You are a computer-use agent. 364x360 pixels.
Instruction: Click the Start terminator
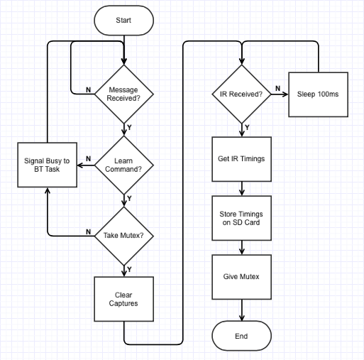[123, 21]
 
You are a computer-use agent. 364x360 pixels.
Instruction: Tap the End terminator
[241, 336]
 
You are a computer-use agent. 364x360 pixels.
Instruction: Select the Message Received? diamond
[123, 94]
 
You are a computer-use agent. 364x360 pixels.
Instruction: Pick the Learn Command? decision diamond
[123, 165]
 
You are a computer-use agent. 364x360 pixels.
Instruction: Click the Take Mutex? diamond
[123, 236]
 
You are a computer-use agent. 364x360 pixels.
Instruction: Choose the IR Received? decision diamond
[241, 94]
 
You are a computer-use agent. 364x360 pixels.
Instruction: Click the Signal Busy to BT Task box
[47, 165]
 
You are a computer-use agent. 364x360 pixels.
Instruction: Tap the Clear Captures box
[123, 299]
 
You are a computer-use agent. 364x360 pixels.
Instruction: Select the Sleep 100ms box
[318, 94]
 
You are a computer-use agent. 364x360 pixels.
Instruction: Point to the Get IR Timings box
[241, 159]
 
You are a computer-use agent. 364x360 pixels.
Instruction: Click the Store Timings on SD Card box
[241, 218]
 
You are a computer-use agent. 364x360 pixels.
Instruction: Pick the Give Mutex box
[241, 277]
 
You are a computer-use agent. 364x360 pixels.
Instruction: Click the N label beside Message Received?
[88, 90]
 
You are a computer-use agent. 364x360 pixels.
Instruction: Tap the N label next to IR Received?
[278, 88]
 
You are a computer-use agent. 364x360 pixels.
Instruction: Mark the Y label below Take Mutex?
[129, 269]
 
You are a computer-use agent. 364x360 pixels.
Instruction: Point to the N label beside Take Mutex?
[88, 231]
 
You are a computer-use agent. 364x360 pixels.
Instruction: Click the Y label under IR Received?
[247, 128]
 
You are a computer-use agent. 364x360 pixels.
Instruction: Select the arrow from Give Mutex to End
[241, 310]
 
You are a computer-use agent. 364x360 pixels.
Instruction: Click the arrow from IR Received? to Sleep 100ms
[280, 94]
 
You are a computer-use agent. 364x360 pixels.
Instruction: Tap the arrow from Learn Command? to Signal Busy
[86, 165]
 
